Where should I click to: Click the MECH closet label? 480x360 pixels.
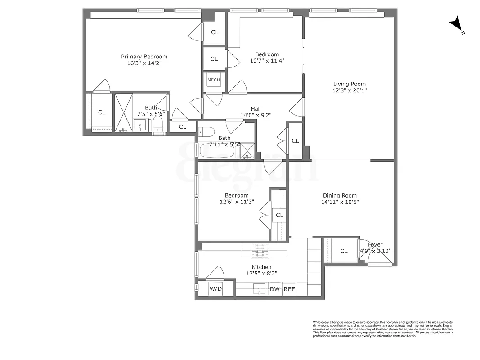click(214, 80)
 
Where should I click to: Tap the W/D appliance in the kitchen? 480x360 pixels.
click(215, 288)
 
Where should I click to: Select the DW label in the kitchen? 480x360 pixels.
click(274, 289)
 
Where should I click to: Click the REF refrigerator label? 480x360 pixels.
click(289, 289)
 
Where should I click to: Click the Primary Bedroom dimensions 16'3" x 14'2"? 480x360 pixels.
click(144, 63)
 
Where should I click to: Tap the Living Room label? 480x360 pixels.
click(349, 84)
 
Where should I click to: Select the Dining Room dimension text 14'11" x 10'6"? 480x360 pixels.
click(340, 202)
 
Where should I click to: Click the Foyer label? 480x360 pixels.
click(375, 245)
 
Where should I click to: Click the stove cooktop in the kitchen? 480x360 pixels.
click(260, 251)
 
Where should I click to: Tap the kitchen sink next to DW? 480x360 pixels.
click(259, 289)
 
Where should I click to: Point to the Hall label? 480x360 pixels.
click(256, 108)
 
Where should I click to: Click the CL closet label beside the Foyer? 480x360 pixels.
click(344, 251)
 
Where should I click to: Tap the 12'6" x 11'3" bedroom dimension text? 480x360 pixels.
click(237, 202)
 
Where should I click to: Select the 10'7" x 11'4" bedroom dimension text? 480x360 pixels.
click(267, 61)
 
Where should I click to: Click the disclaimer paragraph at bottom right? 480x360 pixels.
click(383, 329)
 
